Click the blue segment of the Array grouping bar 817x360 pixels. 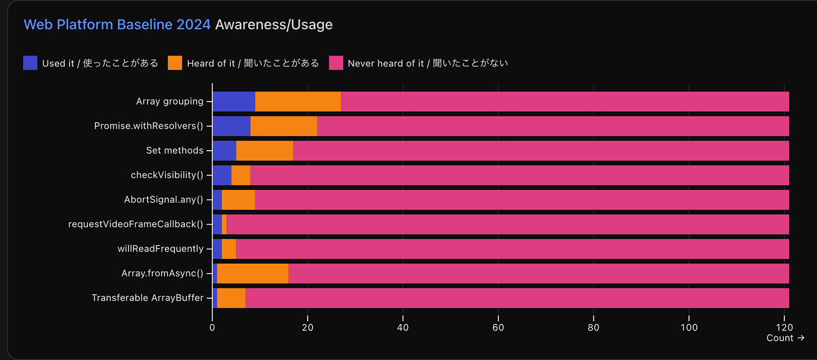tap(234, 102)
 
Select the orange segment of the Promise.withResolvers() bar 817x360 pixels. tap(283, 126)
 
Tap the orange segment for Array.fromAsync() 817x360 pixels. tap(253, 274)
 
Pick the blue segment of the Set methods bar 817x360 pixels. tap(224, 151)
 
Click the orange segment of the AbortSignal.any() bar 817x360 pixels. tap(238, 200)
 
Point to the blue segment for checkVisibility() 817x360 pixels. tap(222, 175)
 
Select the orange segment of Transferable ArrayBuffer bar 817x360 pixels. tap(231, 298)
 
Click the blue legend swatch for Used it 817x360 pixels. tap(30, 63)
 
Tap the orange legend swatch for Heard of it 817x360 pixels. tap(175, 63)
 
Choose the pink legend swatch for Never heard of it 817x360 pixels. tap(336, 63)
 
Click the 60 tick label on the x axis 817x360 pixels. tap(498, 327)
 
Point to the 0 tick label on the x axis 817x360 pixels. tap(212, 327)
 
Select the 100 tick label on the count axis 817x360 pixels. tap(689, 327)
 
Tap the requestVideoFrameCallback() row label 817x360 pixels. tap(136, 224)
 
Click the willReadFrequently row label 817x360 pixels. tap(160, 249)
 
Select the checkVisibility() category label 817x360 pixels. tap(167, 175)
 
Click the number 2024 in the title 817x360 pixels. tap(194, 25)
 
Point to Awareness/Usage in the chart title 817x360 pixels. tap(274, 25)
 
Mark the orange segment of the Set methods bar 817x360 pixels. tap(265, 151)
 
